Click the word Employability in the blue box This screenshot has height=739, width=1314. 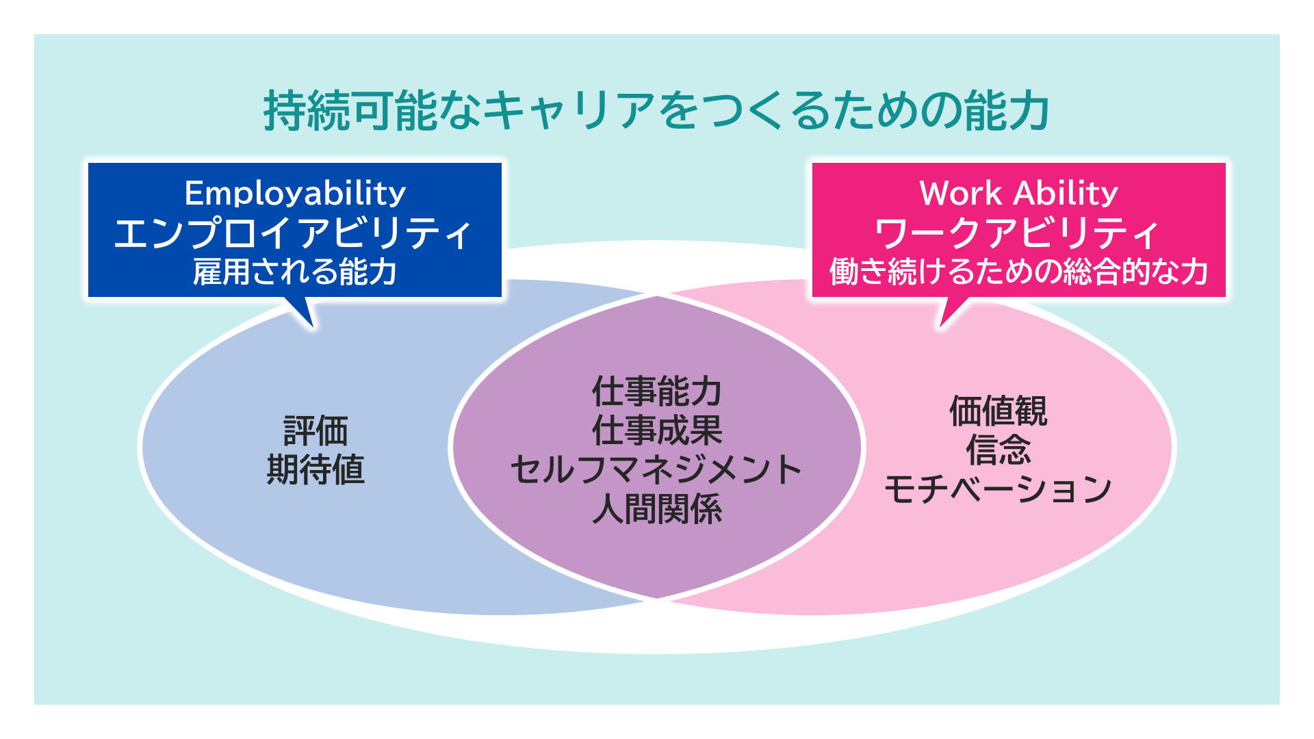(295, 194)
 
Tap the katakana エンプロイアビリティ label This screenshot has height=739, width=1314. (293, 233)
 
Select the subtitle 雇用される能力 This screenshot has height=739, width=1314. (295, 272)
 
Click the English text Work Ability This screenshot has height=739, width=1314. (1018, 194)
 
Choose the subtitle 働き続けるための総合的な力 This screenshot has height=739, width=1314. (1018, 272)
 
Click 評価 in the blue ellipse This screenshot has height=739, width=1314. (315, 431)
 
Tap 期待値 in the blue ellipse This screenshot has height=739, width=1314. (315, 470)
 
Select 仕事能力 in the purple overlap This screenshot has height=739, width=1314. (657, 391)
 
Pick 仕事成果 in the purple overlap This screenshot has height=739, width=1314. (657, 430)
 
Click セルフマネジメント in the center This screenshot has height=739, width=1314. (657, 470)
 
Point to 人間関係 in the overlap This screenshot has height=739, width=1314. (657, 510)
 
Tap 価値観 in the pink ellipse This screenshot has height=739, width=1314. (998, 411)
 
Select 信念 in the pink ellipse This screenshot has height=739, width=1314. (998, 450)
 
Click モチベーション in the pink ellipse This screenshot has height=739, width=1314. (998, 490)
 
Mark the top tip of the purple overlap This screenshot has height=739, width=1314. (657, 297)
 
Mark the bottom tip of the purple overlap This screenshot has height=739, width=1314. (657, 598)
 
